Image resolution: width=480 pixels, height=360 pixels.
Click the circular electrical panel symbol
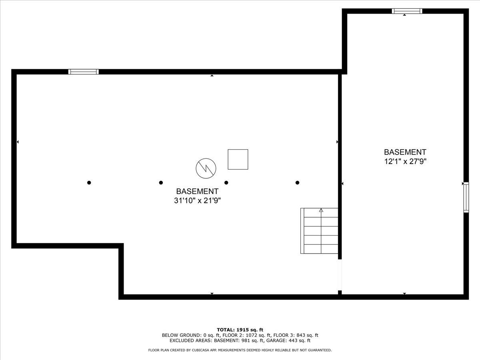point(206,168)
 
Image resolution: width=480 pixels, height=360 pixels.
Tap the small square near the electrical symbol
point(238,159)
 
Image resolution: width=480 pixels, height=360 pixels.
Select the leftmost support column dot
point(89,183)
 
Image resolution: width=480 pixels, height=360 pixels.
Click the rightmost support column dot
point(297,183)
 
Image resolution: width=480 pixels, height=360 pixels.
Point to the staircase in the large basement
point(320,231)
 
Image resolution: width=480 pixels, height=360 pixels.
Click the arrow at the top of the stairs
point(321,210)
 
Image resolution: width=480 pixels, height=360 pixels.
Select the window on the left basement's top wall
point(83,72)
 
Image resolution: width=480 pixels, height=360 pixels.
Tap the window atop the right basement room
point(407,11)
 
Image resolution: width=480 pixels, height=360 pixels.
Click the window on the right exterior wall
point(466,197)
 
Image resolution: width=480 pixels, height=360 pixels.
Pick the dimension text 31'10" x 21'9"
point(197,201)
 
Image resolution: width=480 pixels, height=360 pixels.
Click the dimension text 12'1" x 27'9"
point(405,162)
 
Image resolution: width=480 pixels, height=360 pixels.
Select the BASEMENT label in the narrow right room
point(405,152)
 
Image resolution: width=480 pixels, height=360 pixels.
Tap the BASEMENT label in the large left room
point(197,191)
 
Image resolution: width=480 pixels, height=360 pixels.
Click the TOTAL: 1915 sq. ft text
point(240,330)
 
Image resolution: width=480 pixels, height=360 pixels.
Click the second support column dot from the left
point(161,183)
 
